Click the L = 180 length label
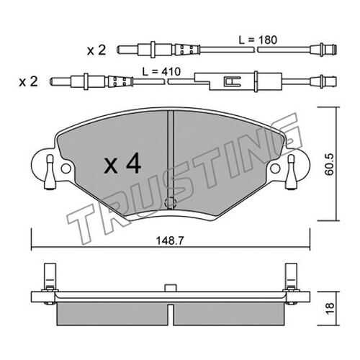coord(258,40)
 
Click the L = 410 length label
coord(161,71)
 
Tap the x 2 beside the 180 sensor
coord(96,50)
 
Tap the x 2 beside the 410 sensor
coord(28,82)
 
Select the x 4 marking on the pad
coord(122,163)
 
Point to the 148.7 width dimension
coord(170,240)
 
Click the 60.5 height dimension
coord(329,164)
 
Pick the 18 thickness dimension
coord(330,309)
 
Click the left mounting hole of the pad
coord(66,168)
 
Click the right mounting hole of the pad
coord(275,168)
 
